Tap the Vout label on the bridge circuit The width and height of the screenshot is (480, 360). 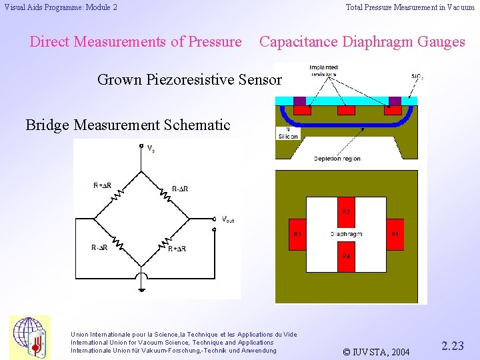click(227, 219)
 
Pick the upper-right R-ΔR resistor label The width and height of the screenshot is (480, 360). click(179, 189)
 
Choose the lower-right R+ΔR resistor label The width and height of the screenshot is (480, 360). click(178, 249)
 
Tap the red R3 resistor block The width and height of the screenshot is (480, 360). click(297, 234)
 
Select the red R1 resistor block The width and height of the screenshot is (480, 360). click(395, 234)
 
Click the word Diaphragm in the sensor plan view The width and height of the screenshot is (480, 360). click(346, 234)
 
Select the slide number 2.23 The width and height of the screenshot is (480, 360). click(453, 345)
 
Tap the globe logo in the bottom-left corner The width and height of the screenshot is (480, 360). click(29, 335)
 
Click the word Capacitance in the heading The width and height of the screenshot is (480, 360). click(299, 42)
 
